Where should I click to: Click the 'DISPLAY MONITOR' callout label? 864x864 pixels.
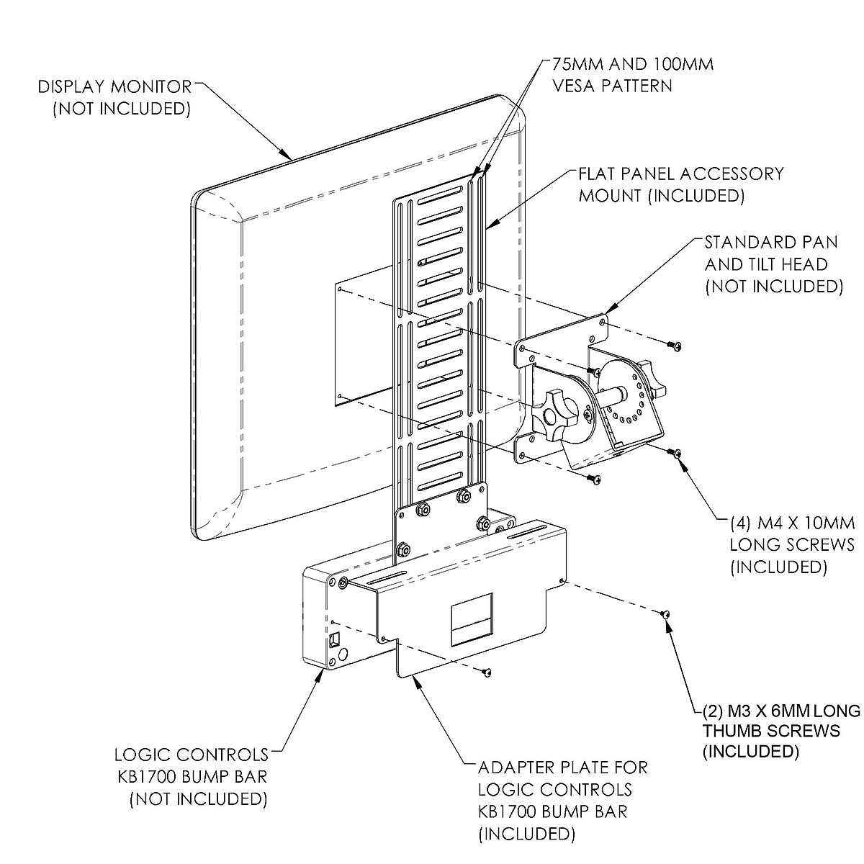point(115,87)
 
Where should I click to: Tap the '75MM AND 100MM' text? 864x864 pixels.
point(632,64)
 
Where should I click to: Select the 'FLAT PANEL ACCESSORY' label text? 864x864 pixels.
point(681,174)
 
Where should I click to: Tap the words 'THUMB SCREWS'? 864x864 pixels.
point(771,732)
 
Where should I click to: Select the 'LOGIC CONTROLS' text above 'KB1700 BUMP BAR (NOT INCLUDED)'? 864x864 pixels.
point(191,755)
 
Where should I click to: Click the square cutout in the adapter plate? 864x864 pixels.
point(473,618)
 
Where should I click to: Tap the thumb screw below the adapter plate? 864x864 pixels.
point(487,672)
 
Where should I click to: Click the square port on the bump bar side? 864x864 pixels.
point(334,639)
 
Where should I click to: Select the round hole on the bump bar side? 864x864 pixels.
point(343,654)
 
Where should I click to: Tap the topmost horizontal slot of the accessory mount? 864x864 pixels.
point(439,195)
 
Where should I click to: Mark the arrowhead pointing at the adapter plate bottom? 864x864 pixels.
point(415,681)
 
